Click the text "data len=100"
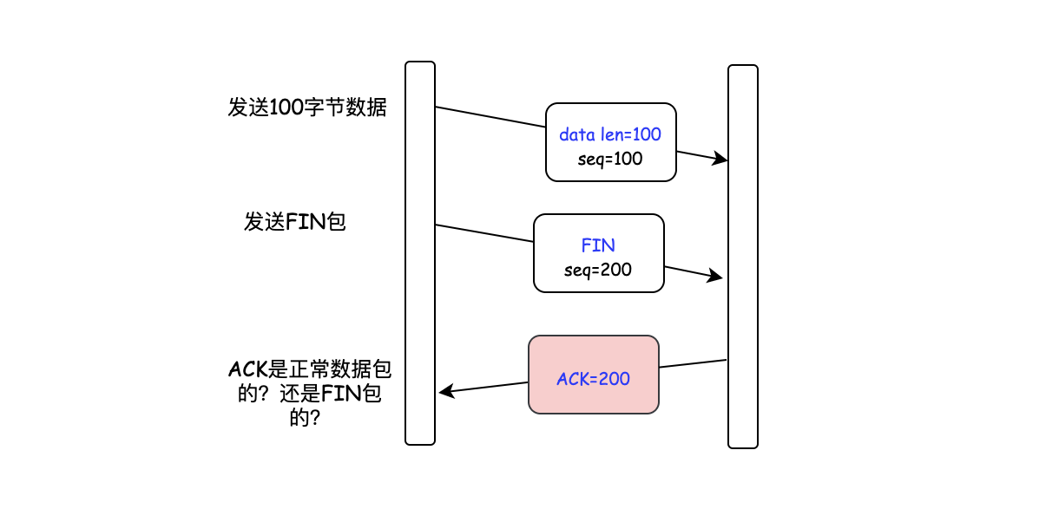(610, 134)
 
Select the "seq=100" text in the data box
(610, 159)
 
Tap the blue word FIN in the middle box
(598, 245)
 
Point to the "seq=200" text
(598, 270)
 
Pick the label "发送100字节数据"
(307, 108)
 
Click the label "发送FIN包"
(295, 222)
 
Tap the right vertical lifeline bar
(743, 257)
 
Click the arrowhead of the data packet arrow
(720, 160)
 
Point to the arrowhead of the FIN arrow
(716, 277)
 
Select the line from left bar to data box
(490, 117)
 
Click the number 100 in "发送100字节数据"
(286, 108)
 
